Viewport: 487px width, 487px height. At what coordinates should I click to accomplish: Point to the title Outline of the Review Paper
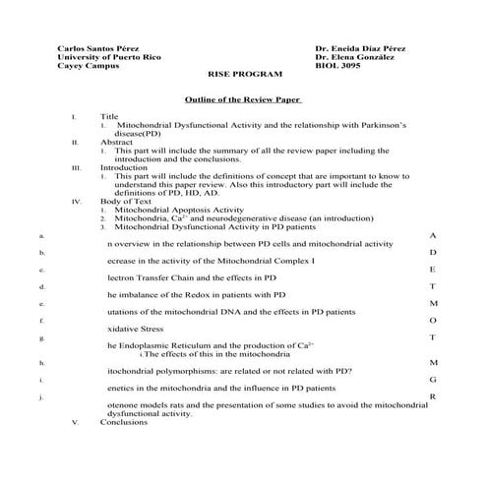[243, 100]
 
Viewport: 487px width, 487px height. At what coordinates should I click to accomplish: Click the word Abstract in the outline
[117, 142]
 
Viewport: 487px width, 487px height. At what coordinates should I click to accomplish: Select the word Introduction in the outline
[123, 167]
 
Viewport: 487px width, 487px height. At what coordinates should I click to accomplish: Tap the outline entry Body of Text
[125, 201]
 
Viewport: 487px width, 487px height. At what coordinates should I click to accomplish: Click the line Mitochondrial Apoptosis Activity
[179, 210]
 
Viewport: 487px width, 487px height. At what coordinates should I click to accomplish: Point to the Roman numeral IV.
[76, 201]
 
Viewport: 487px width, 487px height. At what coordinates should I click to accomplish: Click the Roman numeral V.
[75, 422]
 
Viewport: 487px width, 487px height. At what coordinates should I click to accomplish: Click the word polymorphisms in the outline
[197, 371]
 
